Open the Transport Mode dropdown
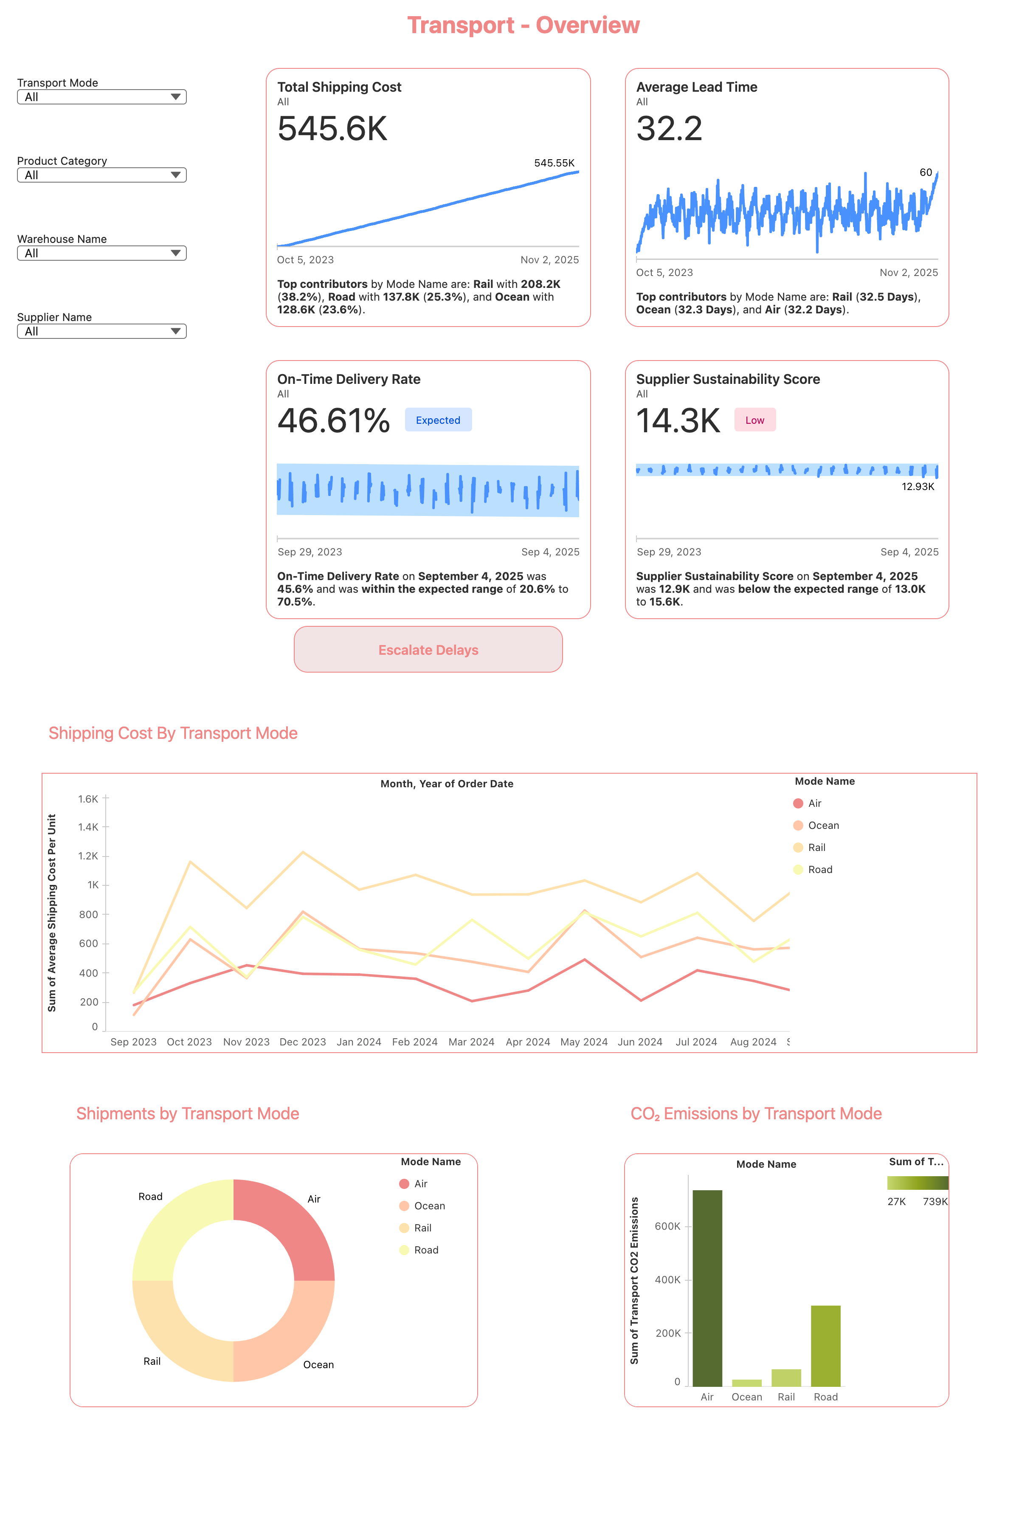click(101, 97)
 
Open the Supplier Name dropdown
click(101, 331)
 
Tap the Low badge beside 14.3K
click(754, 420)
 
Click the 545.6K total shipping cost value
click(332, 128)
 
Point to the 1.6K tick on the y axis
click(88, 799)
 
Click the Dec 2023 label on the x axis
click(302, 1042)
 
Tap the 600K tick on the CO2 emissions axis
click(667, 1226)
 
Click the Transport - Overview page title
click(523, 25)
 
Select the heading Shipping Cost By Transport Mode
click(173, 733)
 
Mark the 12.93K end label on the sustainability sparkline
click(917, 487)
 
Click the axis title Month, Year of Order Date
click(447, 783)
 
